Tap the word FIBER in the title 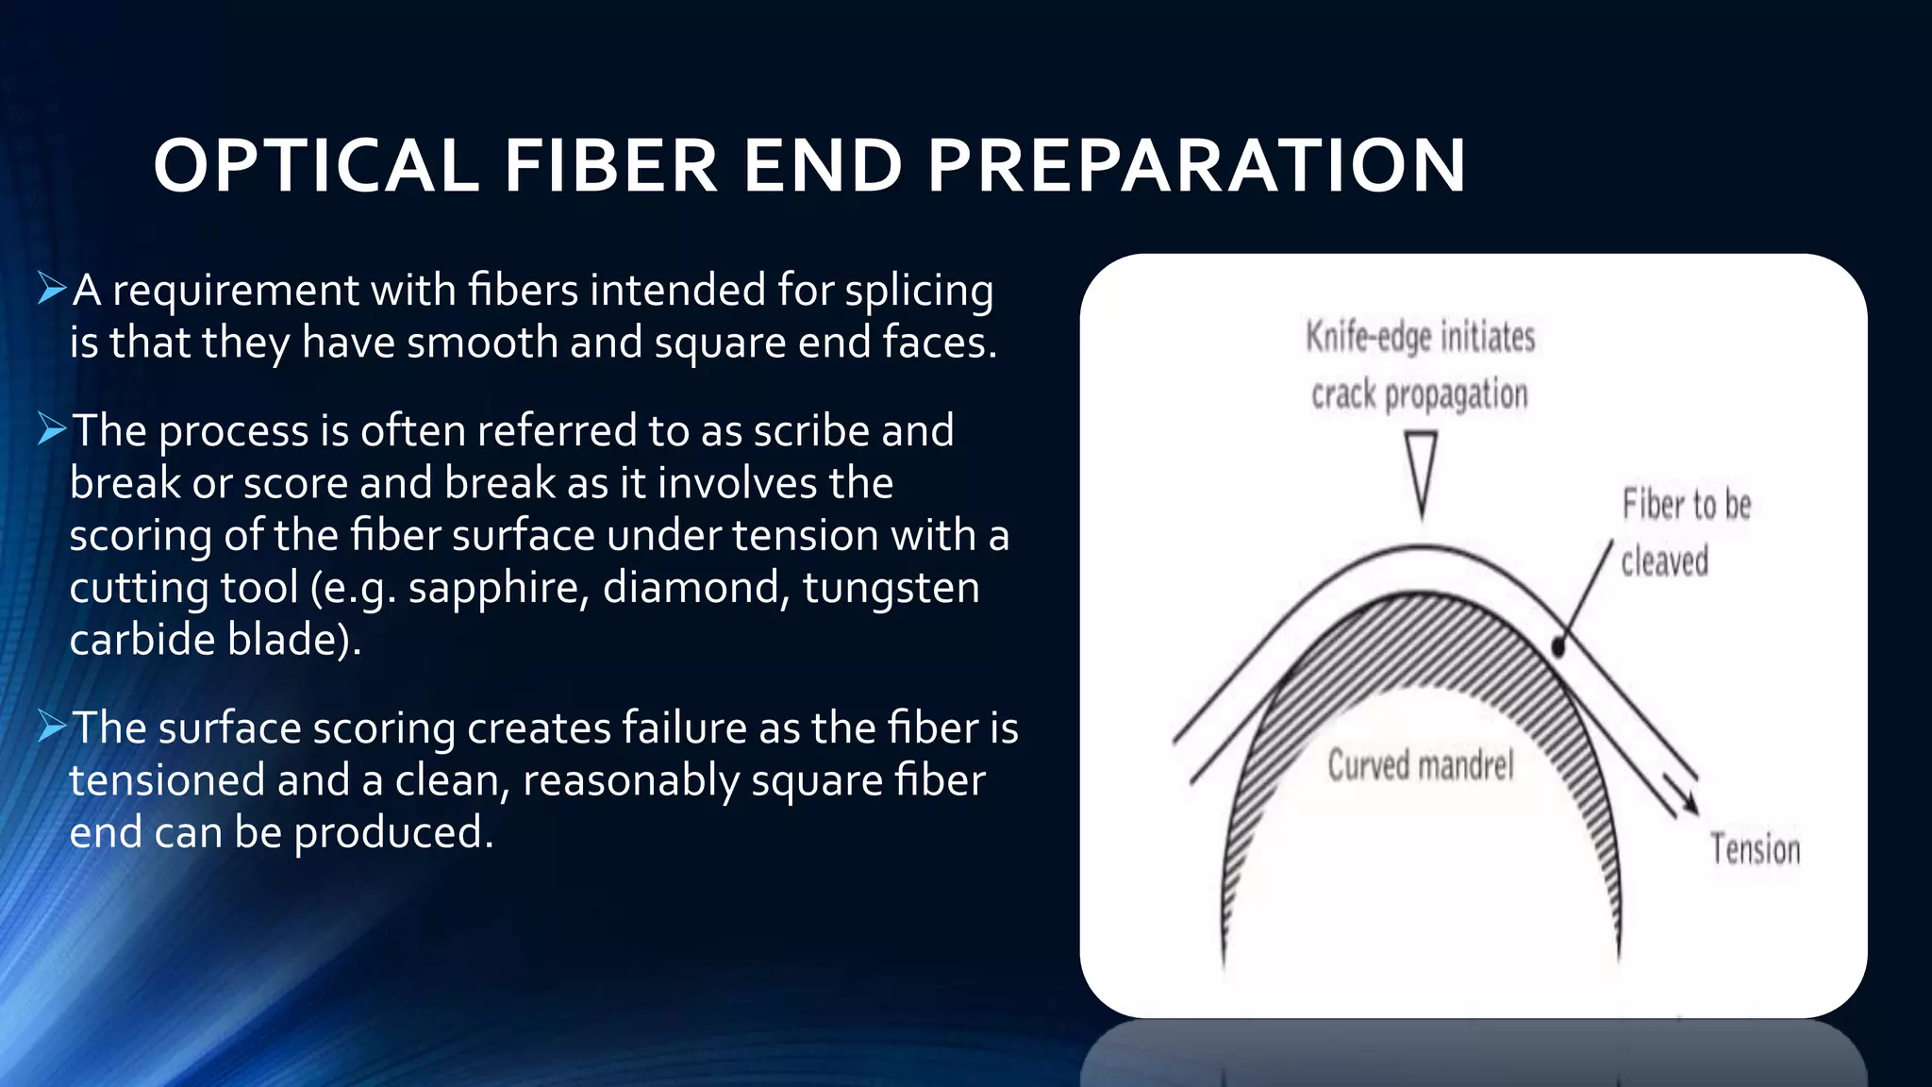610,166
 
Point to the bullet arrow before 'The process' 52,429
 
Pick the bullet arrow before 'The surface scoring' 52,727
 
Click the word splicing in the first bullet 919,291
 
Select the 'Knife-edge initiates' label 1420,337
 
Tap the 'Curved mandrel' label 1420,764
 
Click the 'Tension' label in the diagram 1755,849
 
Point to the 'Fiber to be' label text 1686,505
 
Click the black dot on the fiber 1558,647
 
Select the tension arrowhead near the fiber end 1689,803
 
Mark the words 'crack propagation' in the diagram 1419,394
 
